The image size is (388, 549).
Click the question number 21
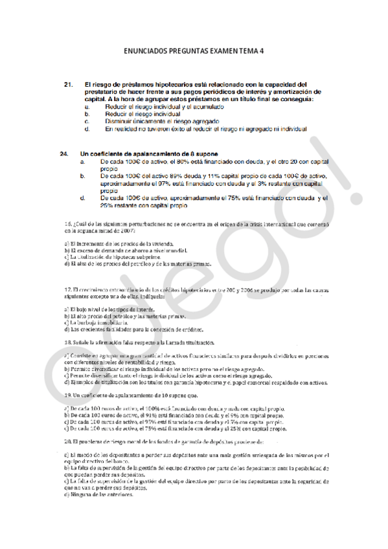67,85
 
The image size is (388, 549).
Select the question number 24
63,154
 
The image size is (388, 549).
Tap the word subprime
151,257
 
